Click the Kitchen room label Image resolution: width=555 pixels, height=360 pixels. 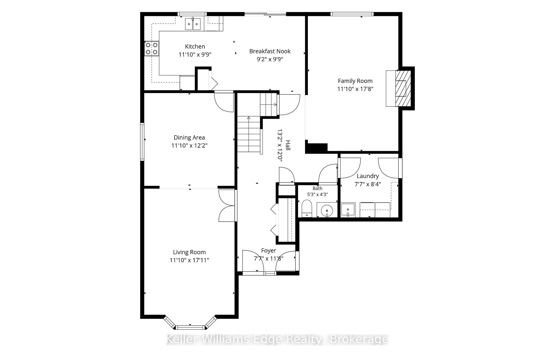[x=195, y=47]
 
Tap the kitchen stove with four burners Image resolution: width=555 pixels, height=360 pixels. [x=152, y=49]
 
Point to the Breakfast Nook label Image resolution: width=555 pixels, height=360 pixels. [x=270, y=51]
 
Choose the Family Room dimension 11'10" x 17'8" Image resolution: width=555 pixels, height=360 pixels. [x=355, y=89]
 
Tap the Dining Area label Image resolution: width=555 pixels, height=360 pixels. [x=189, y=138]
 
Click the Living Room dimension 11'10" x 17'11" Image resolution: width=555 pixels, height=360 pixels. [x=189, y=260]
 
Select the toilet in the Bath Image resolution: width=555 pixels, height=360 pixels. [x=307, y=209]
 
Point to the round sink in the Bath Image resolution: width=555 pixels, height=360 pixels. [x=327, y=209]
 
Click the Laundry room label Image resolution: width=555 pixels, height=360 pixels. [x=368, y=176]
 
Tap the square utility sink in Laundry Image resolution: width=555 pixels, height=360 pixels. [x=348, y=209]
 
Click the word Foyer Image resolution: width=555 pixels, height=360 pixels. [x=269, y=250]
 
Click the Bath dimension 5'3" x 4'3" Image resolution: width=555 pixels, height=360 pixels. [x=317, y=194]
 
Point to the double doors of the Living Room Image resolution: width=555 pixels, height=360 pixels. [x=227, y=206]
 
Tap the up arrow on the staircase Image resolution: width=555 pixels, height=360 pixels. [x=249, y=118]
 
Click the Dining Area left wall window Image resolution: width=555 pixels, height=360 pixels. [x=142, y=141]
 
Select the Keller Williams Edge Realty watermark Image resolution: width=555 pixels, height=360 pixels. [x=277, y=339]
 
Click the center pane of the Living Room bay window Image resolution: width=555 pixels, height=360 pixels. [x=190, y=327]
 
